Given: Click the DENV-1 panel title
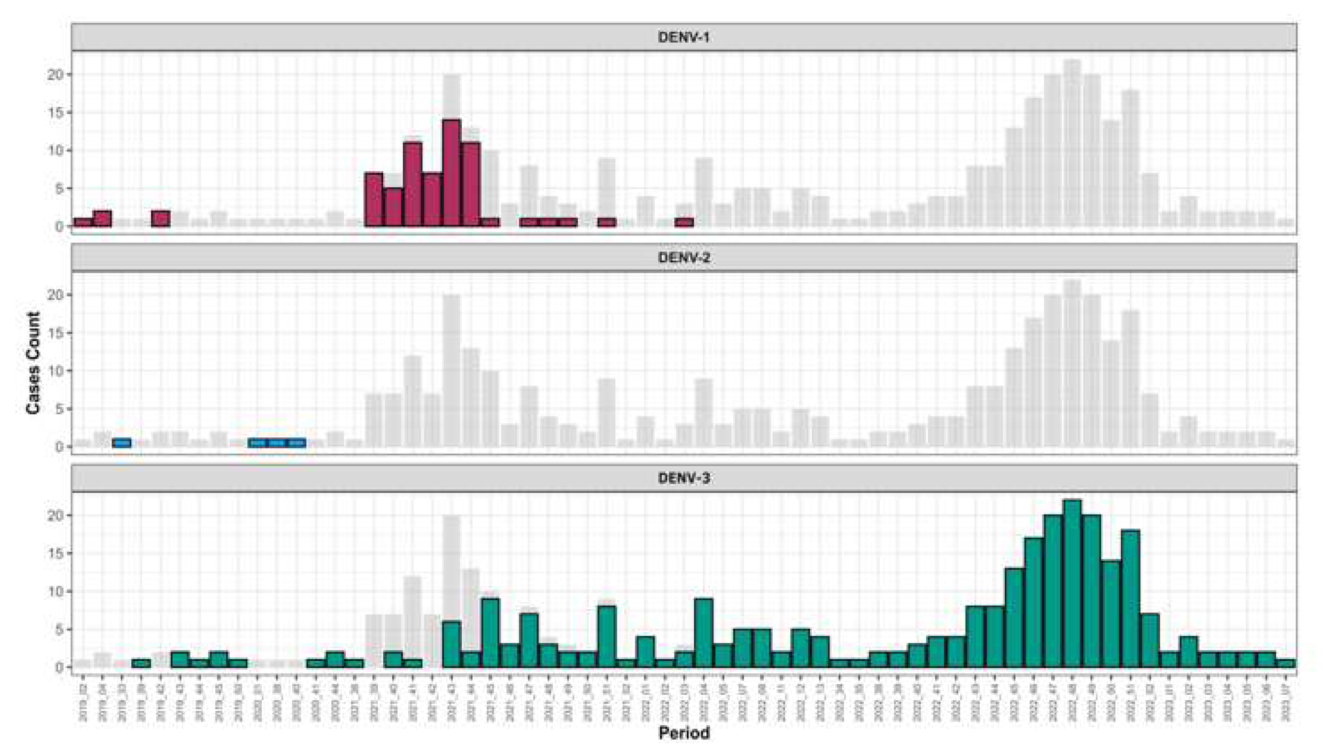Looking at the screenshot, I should tap(683, 38).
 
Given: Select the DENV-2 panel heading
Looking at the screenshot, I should tap(683, 258).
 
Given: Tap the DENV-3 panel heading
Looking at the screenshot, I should tap(683, 478).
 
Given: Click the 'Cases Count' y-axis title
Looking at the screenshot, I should tap(34, 362).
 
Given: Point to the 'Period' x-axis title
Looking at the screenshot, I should tap(684, 733).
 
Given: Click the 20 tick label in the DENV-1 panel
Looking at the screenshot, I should tap(56, 75).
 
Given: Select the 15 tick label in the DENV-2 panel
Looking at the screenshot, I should tap(56, 333).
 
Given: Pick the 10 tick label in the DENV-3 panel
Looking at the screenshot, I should tap(56, 591).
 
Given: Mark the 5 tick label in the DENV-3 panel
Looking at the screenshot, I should tap(60, 630).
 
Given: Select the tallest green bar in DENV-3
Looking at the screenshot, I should tap(1072, 584).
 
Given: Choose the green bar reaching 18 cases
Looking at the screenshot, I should tap(1131, 598).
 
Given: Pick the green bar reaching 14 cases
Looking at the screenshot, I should tap(1111, 614).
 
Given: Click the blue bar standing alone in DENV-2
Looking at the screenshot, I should tap(122, 443).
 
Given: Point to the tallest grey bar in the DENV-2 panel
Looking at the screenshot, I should tap(1072, 364).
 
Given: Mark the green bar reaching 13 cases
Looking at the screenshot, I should tap(1014, 618).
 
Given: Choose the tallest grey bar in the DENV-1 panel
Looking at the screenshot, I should tap(1072, 143).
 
